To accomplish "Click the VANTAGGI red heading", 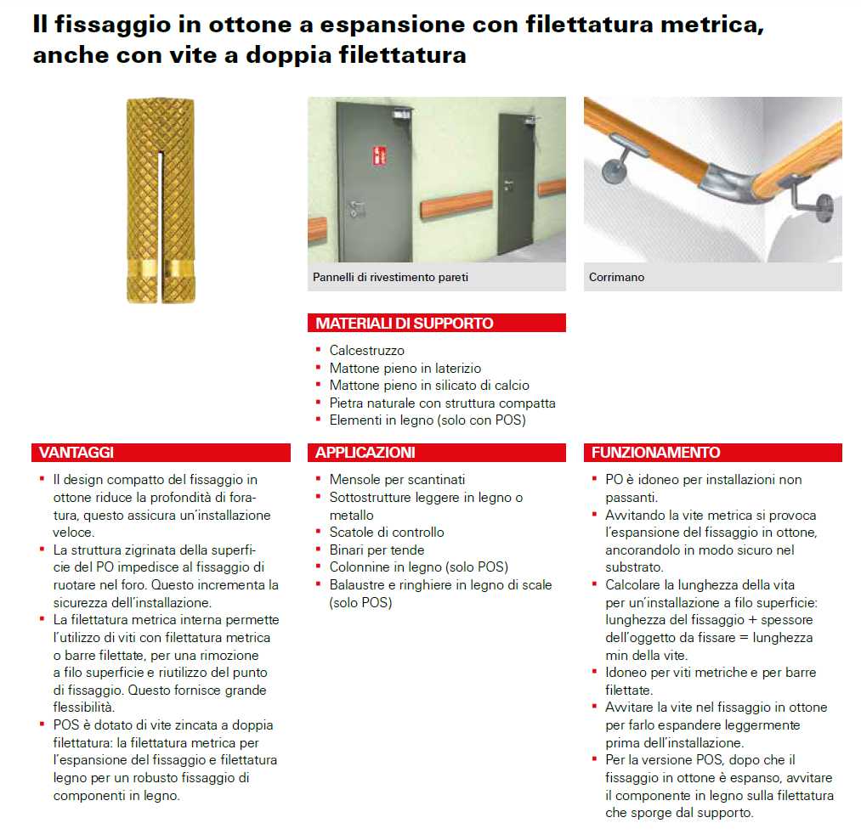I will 76,453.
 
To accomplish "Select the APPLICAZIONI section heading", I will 365,453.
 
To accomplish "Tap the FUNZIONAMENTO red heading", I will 655,453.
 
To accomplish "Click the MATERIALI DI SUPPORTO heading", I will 404,323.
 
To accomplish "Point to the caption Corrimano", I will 616,278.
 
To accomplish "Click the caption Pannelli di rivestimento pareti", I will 390,278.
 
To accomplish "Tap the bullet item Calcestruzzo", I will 366,350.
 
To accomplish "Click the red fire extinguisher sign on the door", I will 378,156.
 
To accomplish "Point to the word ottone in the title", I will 231,25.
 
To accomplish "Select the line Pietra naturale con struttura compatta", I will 442,403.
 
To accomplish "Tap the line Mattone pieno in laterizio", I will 405,368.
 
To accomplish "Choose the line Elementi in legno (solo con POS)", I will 428,420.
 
